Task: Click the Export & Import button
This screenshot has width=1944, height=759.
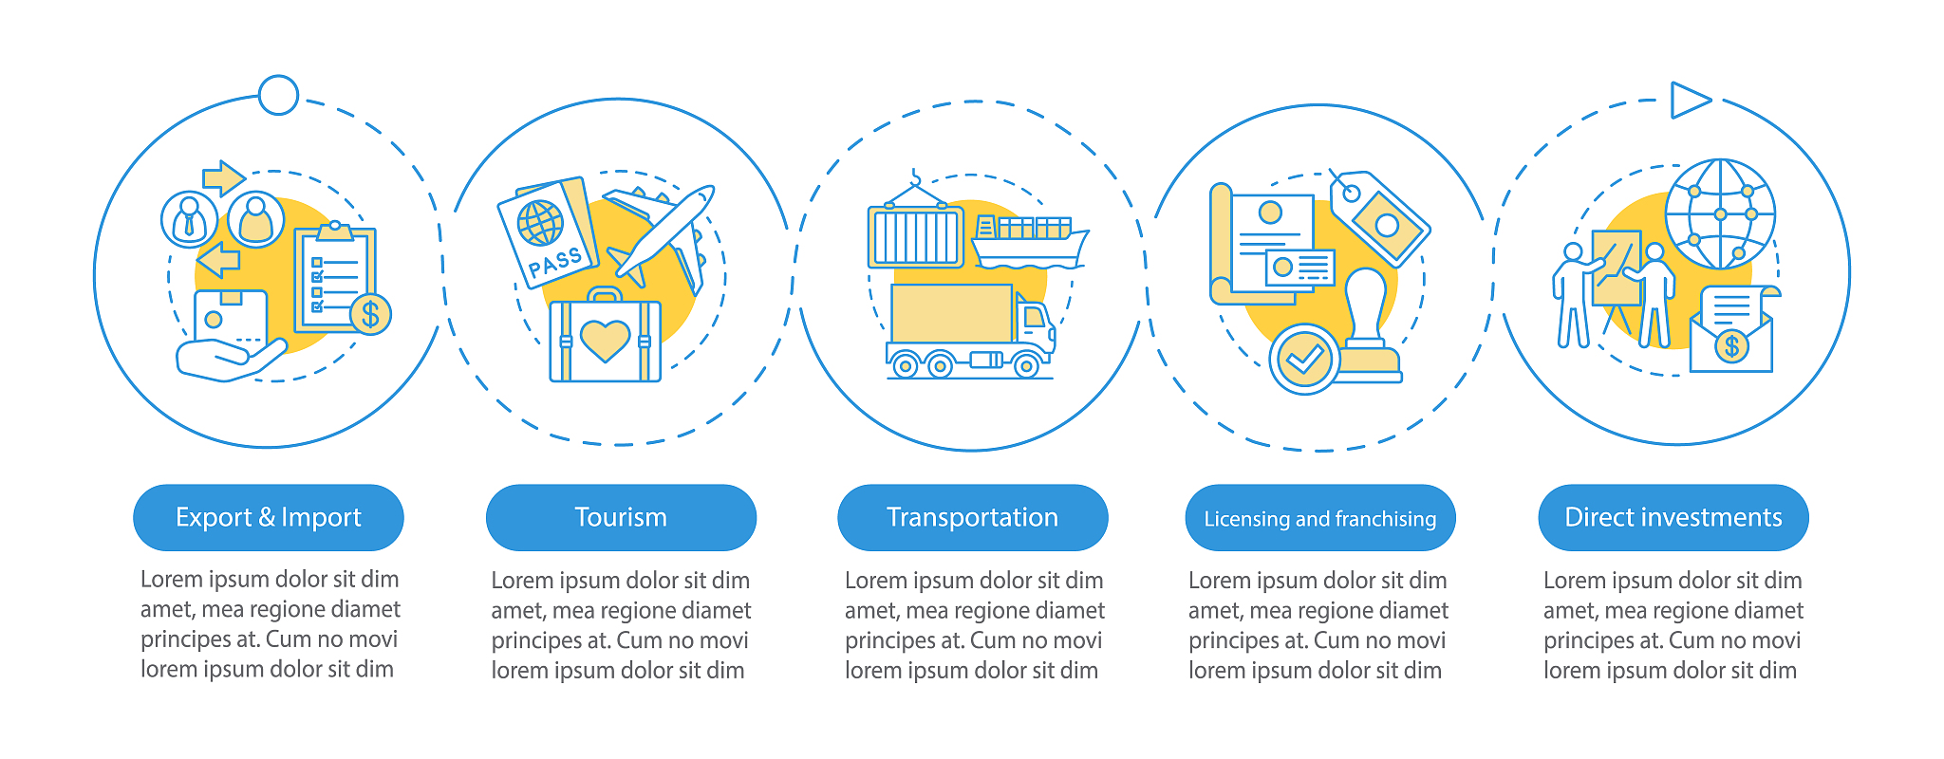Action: pyautogui.click(x=269, y=517)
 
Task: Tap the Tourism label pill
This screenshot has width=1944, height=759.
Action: pyautogui.click(x=621, y=517)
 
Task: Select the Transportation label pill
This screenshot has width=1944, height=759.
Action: pyautogui.click(x=972, y=517)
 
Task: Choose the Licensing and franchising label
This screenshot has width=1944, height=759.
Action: pyautogui.click(x=1320, y=518)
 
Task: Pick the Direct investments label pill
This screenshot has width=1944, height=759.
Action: pyautogui.click(x=1673, y=517)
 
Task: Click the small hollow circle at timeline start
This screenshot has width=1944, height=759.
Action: pyautogui.click(x=278, y=95)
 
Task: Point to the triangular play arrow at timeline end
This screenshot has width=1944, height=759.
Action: pyautogui.click(x=1690, y=100)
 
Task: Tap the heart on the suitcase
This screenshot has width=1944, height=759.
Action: pyautogui.click(x=605, y=340)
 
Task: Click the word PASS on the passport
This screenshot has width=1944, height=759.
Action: pyautogui.click(x=555, y=262)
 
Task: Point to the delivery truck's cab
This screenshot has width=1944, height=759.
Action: pyautogui.click(x=1035, y=327)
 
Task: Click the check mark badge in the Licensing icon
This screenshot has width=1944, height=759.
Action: pyautogui.click(x=1303, y=359)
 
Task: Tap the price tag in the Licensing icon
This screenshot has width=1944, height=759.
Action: pyautogui.click(x=1379, y=218)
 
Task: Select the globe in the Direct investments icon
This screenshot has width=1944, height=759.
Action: pyautogui.click(x=1720, y=214)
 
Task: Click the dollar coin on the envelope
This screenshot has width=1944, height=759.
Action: pyautogui.click(x=1732, y=346)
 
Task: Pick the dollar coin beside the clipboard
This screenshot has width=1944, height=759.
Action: pyautogui.click(x=370, y=314)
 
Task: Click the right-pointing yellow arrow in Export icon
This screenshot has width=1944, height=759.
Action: pyautogui.click(x=224, y=177)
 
